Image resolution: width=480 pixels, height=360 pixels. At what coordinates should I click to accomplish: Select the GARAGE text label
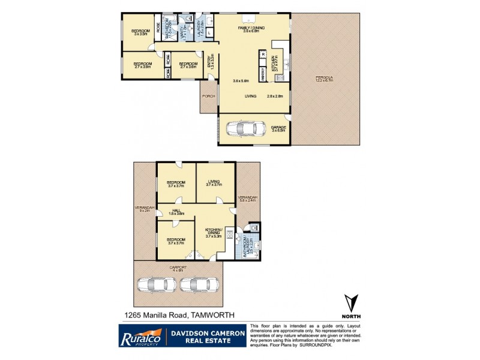278,128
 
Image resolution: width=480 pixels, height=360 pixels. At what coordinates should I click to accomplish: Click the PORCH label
208,96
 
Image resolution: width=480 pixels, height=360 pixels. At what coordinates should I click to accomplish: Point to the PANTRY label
263,74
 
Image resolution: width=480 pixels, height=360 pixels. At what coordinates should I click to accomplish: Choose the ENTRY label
210,62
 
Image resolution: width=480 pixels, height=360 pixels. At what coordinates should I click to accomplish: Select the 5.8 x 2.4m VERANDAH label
247,199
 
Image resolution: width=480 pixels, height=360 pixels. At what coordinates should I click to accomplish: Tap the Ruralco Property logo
140,336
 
